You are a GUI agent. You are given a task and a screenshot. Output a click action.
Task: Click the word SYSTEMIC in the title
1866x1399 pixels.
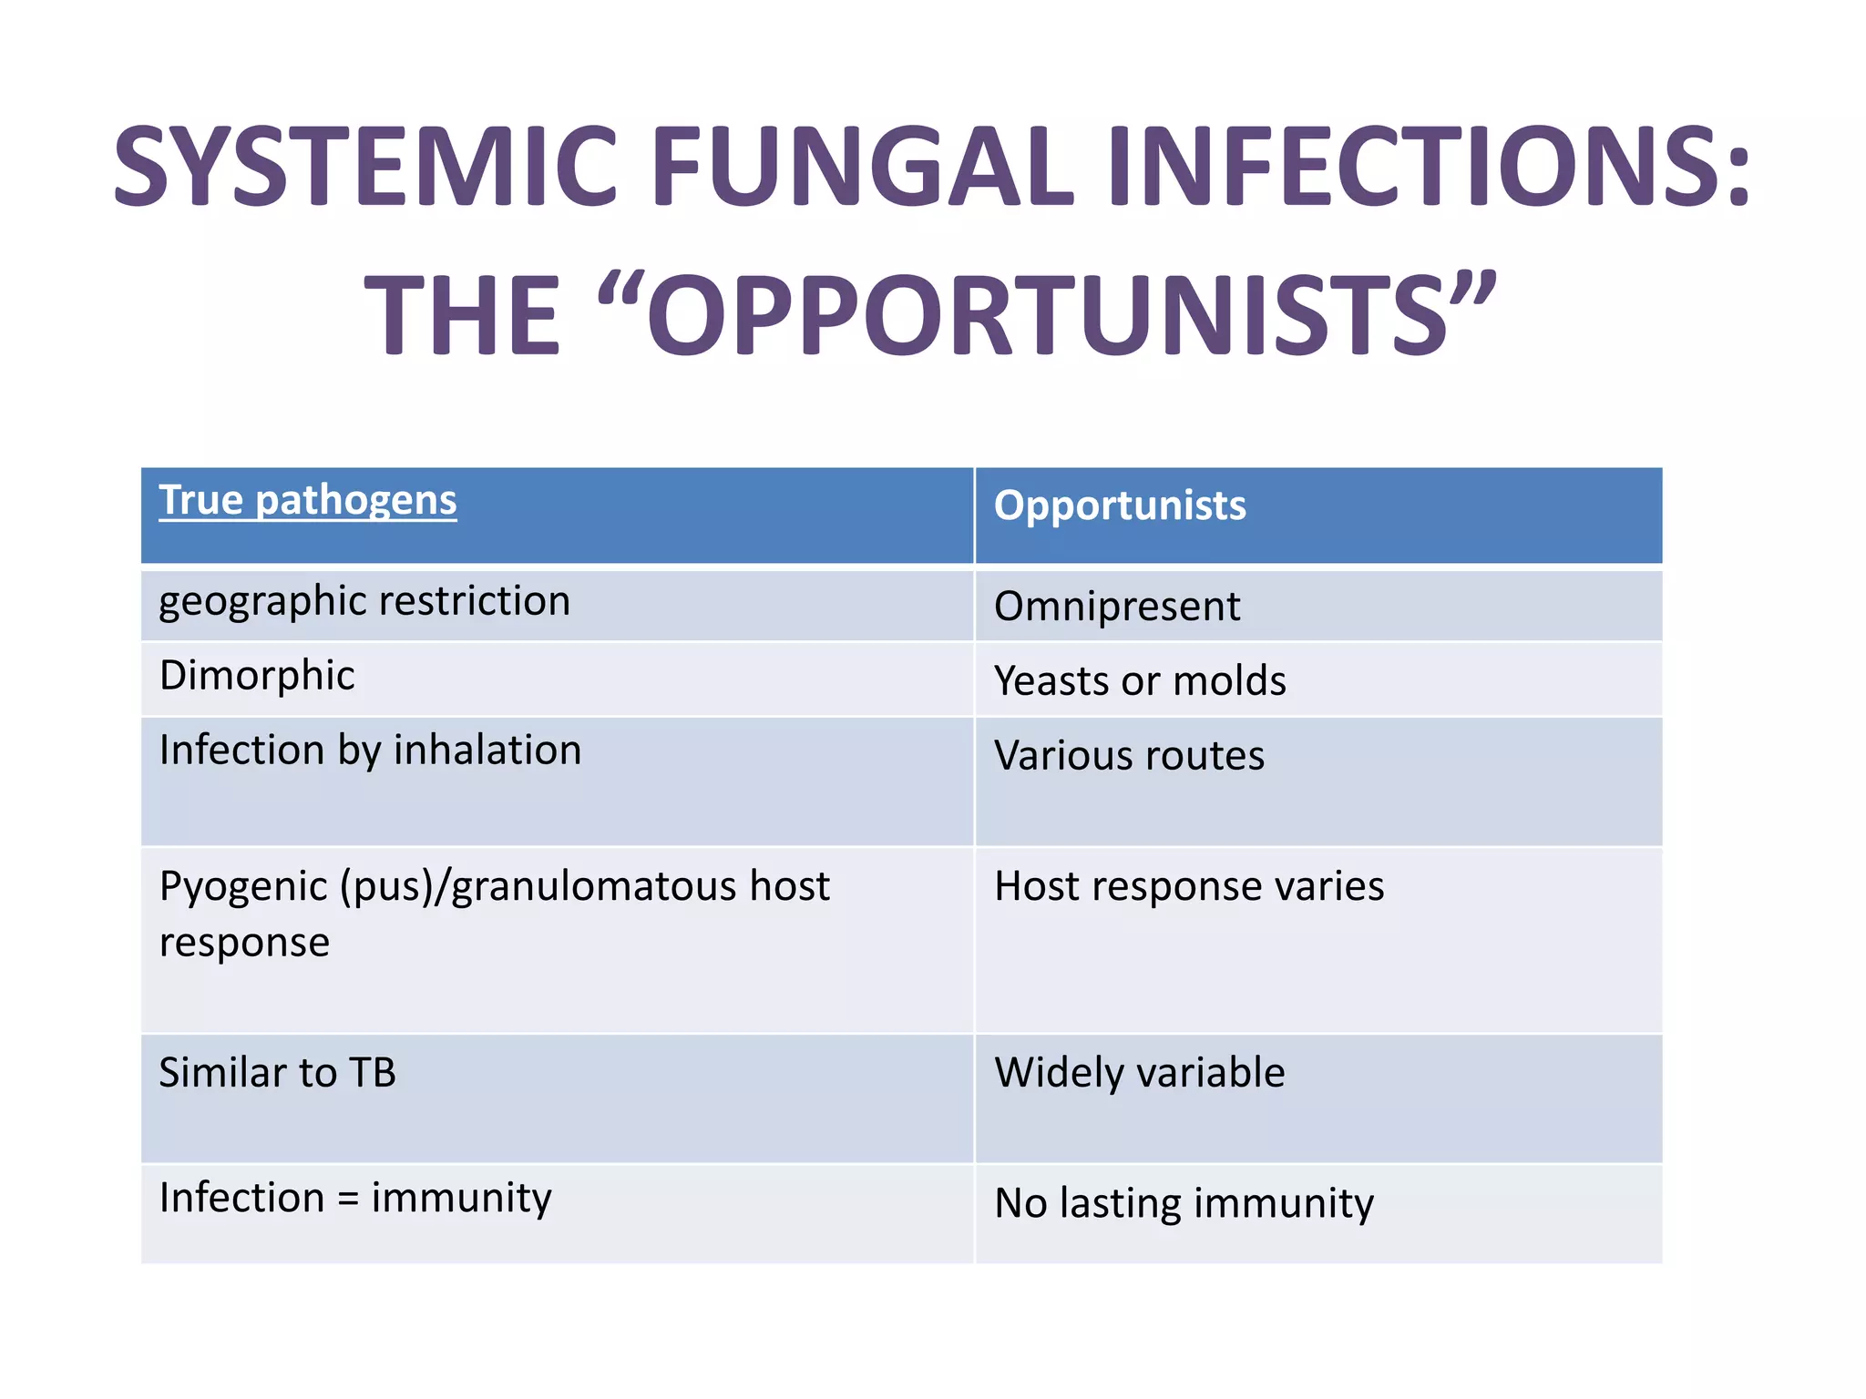(x=365, y=167)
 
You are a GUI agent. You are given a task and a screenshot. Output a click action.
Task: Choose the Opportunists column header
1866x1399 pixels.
(x=1119, y=505)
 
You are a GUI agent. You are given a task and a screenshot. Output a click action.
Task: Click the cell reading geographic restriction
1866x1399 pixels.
(x=364, y=602)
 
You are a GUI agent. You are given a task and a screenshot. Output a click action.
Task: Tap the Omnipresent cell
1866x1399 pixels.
(x=1116, y=607)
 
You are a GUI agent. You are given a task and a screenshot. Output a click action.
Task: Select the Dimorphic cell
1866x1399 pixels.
(x=256, y=676)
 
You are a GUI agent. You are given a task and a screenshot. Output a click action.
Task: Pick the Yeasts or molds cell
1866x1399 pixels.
(x=1139, y=681)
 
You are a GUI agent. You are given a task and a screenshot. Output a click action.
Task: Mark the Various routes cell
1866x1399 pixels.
(x=1128, y=756)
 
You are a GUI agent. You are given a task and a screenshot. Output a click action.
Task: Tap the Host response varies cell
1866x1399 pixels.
(x=1188, y=886)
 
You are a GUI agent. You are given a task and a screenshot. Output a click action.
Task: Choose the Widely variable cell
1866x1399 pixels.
(x=1139, y=1073)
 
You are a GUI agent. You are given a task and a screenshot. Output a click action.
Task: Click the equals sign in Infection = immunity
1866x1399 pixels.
(x=348, y=1200)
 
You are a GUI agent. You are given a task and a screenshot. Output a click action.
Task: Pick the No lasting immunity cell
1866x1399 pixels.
(x=1183, y=1203)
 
